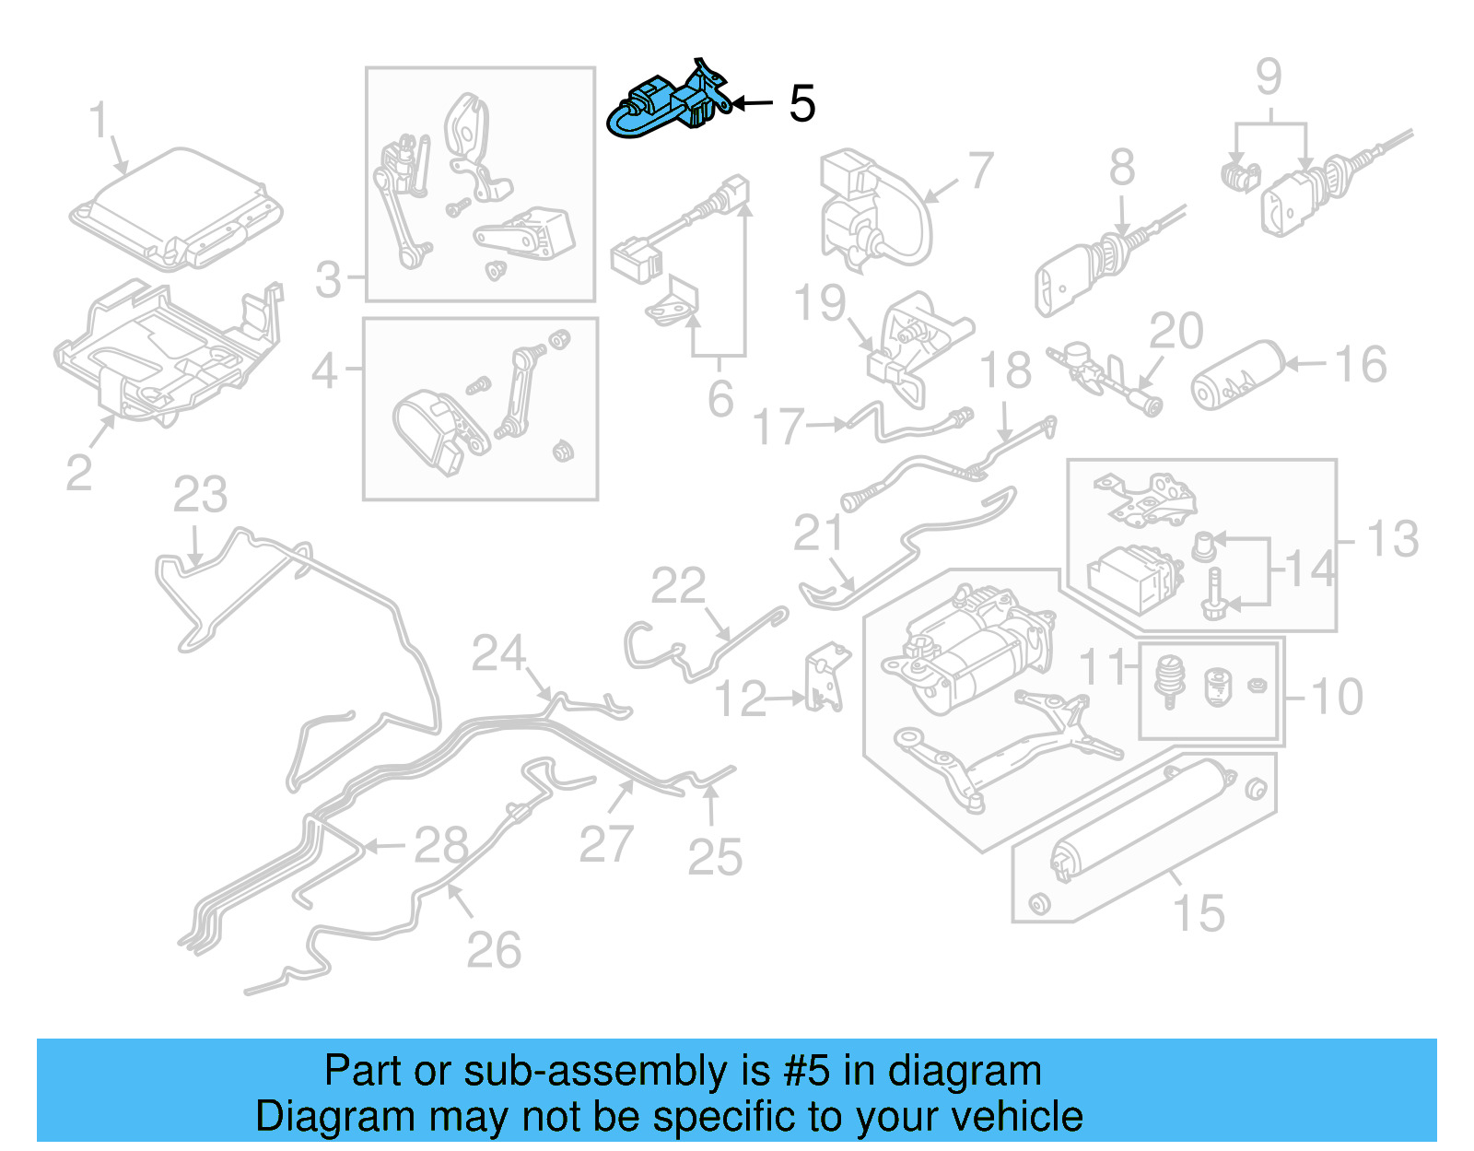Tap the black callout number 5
(x=801, y=103)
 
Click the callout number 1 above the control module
(x=99, y=122)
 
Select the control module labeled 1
(x=175, y=208)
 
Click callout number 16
(x=1360, y=365)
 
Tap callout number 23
(x=200, y=495)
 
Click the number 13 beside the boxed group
(x=1391, y=539)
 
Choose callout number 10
(x=1335, y=697)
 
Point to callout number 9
(x=1269, y=76)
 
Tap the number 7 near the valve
(x=981, y=170)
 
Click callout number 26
(x=493, y=949)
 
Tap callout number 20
(x=1176, y=331)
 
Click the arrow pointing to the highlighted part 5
(x=753, y=103)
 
